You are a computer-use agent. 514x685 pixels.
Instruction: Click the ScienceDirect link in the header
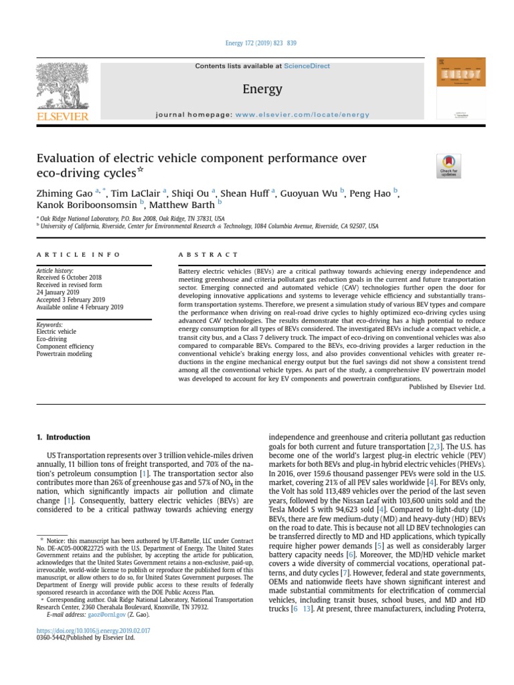pos(307,66)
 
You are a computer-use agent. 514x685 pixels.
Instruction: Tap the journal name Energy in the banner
pos(262,89)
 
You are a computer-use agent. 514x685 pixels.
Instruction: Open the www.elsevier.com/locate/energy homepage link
pos(302,114)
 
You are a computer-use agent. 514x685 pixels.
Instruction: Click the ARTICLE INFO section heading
pos(78,255)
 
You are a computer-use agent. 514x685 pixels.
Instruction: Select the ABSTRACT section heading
pos(207,255)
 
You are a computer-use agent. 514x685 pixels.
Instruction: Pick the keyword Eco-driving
pos(52,338)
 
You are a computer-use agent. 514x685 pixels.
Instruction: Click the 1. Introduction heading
pos(63,437)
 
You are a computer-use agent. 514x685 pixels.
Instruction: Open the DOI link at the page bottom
pos(93,630)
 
